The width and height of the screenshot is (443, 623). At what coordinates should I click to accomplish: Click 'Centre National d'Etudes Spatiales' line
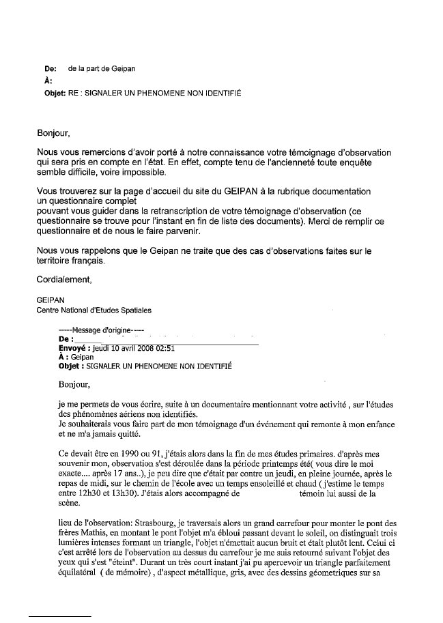click(94, 310)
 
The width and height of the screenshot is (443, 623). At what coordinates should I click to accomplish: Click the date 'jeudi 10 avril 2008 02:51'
click(134, 347)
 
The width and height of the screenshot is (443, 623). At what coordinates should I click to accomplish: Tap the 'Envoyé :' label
click(75, 347)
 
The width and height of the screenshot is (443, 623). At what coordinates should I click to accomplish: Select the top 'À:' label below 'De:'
click(48, 81)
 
